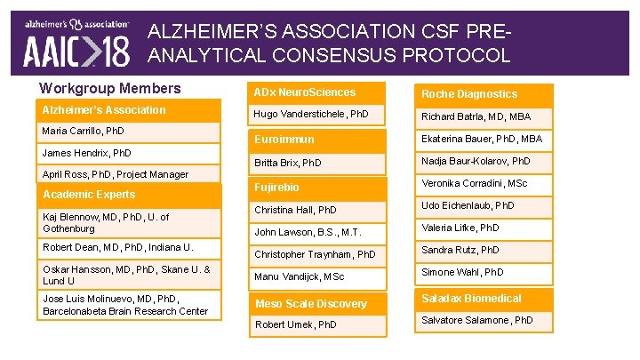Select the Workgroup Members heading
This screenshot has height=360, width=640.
pyautogui.click(x=110, y=88)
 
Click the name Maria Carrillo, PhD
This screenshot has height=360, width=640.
pyautogui.click(x=84, y=132)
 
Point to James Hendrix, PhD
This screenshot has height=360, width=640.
pyautogui.click(x=87, y=153)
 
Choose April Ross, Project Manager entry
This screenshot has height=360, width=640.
pyautogui.click(x=116, y=174)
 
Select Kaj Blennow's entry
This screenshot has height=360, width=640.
pyautogui.click(x=107, y=223)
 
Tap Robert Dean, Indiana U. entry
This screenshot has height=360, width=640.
pyautogui.click(x=118, y=247)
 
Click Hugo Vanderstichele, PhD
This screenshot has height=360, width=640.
pyautogui.click(x=311, y=115)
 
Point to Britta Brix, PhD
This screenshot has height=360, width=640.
pyautogui.click(x=288, y=164)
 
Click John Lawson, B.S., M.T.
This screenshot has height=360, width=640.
pyautogui.click(x=308, y=232)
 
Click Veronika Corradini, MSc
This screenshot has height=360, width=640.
pyautogui.click(x=475, y=183)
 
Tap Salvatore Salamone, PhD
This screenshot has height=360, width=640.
pyautogui.click(x=477, y=320)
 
